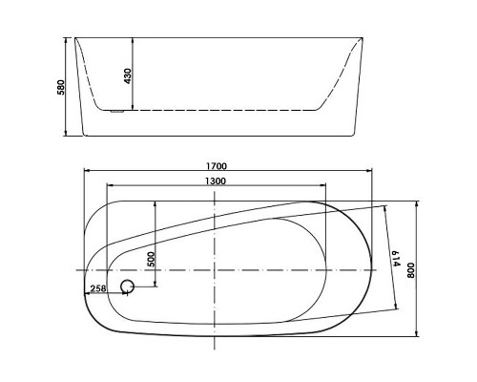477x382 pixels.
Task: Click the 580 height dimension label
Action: click(61, 87)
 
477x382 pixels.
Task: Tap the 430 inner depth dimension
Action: click(128, 76)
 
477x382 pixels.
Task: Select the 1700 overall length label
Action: click(217, 166)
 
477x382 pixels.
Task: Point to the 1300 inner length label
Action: click(216, 181)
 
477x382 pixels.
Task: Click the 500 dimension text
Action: click(152, 259)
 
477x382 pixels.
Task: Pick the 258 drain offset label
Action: click(98, 288)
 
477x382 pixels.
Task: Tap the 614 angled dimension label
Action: click(395, 259)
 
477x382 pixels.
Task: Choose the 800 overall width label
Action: click(411, 270)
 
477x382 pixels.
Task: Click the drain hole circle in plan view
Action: click(128, 286)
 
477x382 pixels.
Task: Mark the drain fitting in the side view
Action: click(116, 112)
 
